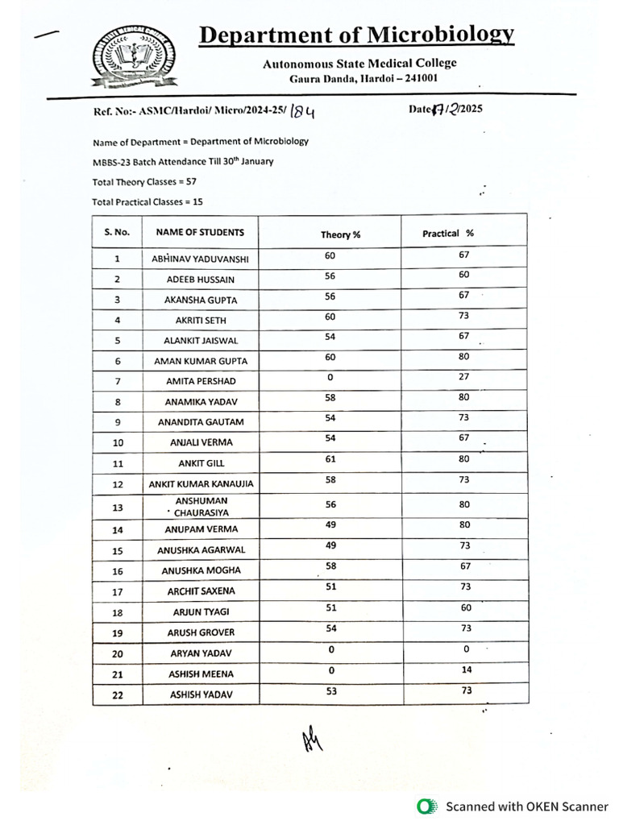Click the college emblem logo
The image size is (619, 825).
pos(128,56)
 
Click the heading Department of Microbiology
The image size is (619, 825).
pos(356,35)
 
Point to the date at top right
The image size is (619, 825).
pos(446,110)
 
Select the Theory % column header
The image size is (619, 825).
pos(340,234)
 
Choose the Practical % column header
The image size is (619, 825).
pos(448,233)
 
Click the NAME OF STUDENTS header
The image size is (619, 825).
pos(200,232)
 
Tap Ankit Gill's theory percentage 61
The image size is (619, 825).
pos(330,458)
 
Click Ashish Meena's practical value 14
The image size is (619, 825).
pos(465,670)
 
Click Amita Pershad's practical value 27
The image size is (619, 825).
pos(464,376)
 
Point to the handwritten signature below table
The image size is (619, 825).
pos(313,740)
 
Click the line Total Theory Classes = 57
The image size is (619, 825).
pos(144,181)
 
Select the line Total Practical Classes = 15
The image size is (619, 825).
pos(147,201)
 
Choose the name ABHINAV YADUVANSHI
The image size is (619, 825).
pos(201,259)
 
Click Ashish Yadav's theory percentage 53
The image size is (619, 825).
pos(330,690)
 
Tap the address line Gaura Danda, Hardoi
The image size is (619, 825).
pos(364,78)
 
